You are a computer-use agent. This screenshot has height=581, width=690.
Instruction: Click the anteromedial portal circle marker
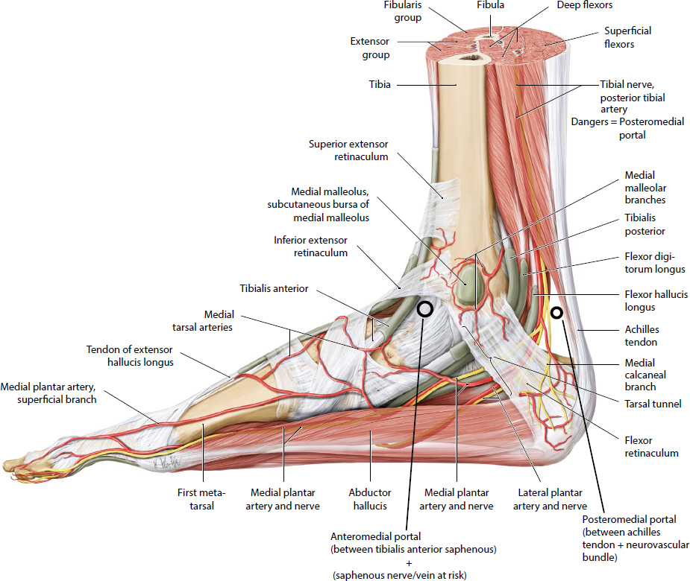[424, 309]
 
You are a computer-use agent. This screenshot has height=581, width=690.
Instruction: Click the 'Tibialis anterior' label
[274, 288]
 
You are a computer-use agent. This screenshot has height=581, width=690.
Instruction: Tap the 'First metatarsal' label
[201, 498]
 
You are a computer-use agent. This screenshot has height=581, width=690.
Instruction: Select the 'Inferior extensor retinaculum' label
[310, 246]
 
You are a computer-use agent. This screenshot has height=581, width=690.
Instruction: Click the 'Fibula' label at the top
[490, 5]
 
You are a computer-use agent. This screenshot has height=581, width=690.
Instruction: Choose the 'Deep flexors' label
[585, 5]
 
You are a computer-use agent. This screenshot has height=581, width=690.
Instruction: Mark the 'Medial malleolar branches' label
[644, 188]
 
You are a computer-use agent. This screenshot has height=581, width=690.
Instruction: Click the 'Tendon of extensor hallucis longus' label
[130, 356]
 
